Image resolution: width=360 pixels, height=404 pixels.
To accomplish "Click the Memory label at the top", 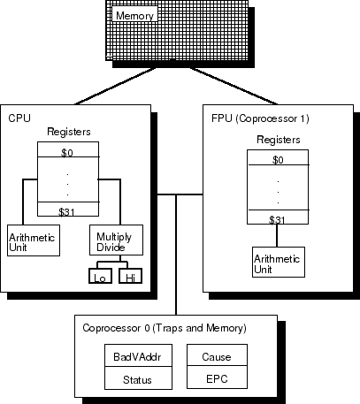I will pyautogui.click(x=135, y=16).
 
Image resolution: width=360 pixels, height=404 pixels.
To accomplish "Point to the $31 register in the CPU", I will pyautogui.click(x=66, y=211).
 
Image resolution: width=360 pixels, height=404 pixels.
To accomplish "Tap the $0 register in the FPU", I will pyautogui.click(x=278, y=161).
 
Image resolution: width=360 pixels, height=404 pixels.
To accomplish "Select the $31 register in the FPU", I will pyautogui.click(x=278, y=219).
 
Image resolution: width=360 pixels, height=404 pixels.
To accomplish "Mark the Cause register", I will pyautogui.click(x=216, y=357).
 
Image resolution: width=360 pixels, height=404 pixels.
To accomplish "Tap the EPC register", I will pyautogui.click(x=216, y=380).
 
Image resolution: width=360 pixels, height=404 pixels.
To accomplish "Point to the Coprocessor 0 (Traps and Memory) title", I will pyautogui.click(x=164, y=328).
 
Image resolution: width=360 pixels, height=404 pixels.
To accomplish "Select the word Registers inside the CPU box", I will pyautogui.click(x=68, y=133).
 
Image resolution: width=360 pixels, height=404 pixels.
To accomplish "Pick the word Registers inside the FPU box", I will pyautogui.click(x=278, y=140).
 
